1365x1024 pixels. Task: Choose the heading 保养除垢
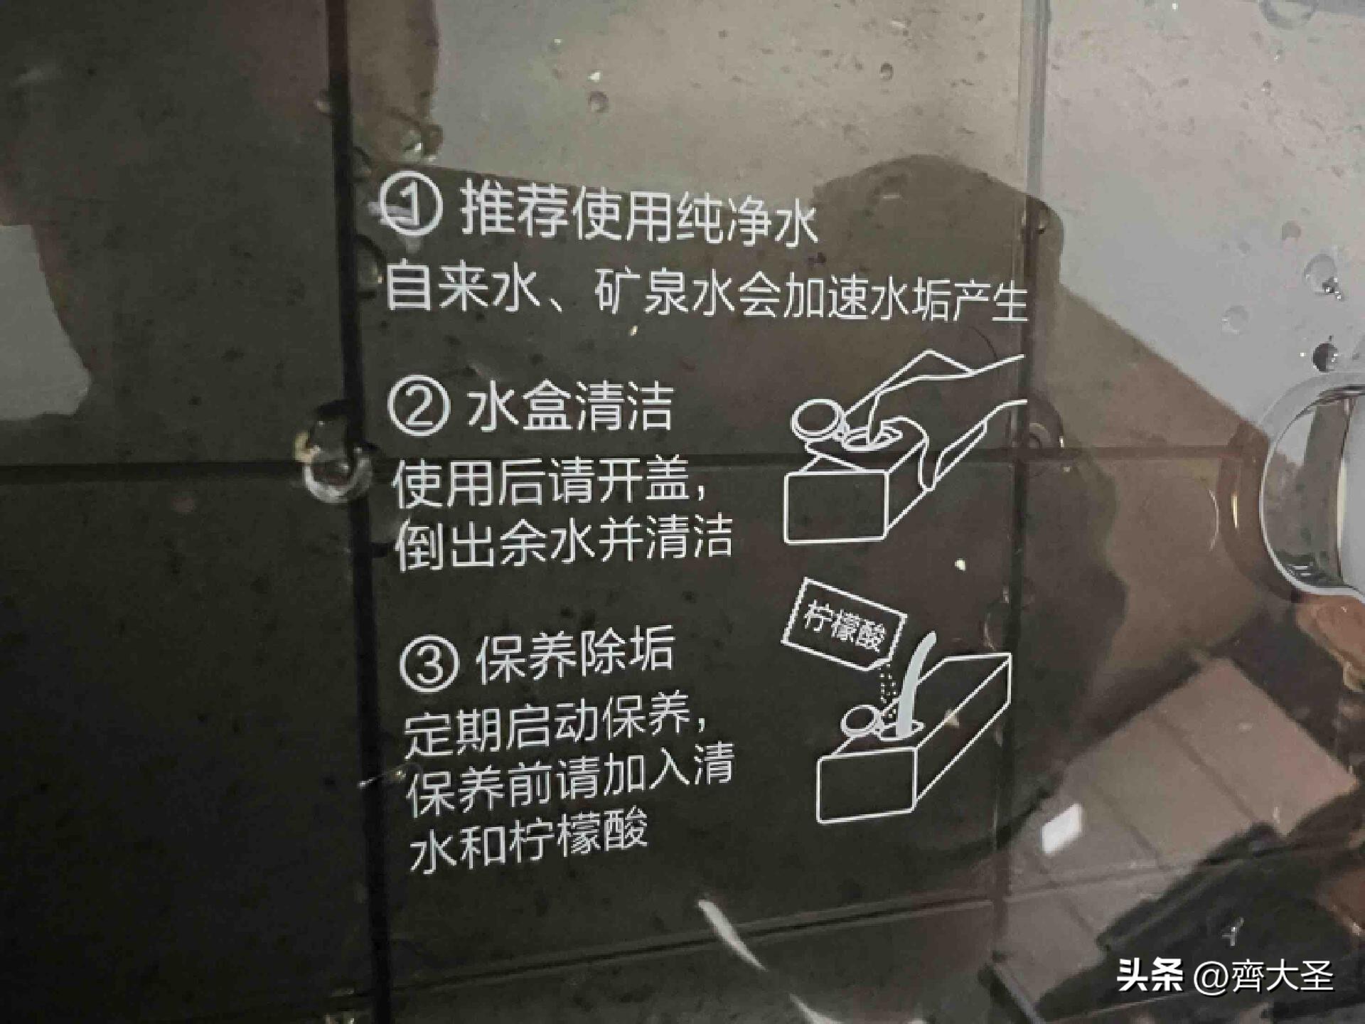pos(574,656)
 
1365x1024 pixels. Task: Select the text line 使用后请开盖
pos(547,484)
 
